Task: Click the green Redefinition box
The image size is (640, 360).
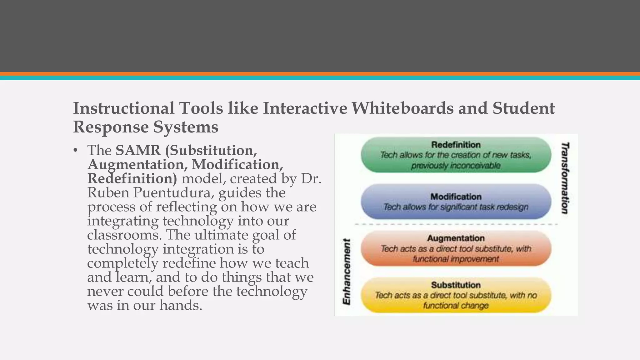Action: coord(456,155)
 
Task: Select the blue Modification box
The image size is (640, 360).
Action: coord(456,202)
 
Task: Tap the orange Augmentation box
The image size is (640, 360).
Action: coord(456,248)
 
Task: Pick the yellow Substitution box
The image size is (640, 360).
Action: coord(456,295)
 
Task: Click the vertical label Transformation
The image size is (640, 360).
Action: coord(565,178)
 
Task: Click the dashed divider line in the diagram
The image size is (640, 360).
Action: coord(456,224)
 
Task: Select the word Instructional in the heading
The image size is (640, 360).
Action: coord(124,108)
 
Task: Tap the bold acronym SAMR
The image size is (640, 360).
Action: coord(138,150)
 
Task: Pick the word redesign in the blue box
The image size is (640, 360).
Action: coord(512,207)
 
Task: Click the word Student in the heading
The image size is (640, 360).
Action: coord(524,108)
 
